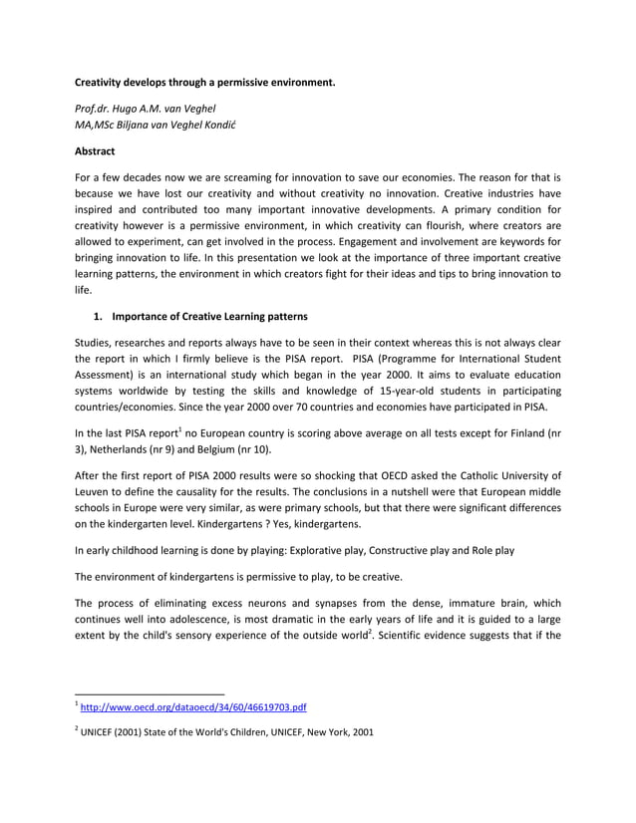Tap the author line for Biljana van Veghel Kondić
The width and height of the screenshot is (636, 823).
169,125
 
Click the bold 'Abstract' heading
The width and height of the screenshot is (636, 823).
96,151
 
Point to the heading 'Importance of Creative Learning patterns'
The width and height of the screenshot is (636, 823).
209,317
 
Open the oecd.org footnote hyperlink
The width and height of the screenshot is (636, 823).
194,707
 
